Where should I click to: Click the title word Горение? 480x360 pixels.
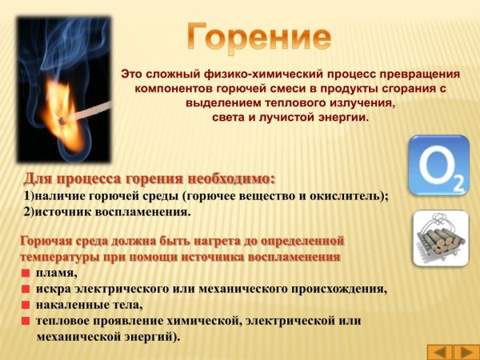[x=259, y=38]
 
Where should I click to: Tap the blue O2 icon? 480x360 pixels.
[x=438, y=166]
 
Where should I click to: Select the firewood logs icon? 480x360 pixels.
[x=440, y=238]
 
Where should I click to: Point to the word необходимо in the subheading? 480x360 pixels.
[x=228, y=178]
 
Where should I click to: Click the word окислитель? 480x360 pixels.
[x=343, y=195]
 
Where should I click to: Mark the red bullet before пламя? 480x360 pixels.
[x=26, y=274]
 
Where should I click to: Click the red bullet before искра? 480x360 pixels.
[x=26, y=290]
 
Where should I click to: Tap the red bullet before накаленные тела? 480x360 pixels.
[x=26, y=305]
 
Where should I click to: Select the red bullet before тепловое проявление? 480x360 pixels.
[x=26, y=321]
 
